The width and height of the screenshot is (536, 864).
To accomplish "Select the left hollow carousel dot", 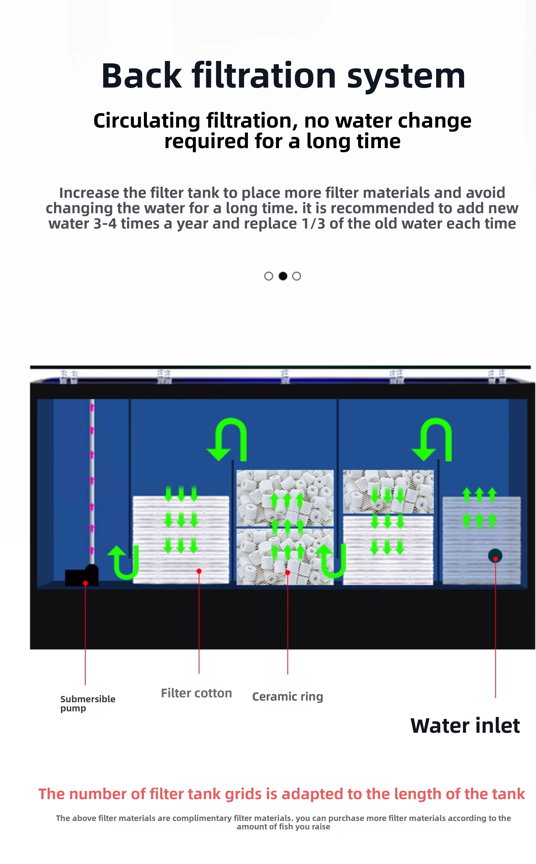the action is [x=269, y=276].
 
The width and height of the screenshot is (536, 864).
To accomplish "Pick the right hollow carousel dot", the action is [x=296, y=276].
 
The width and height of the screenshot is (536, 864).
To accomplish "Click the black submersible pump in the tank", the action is [x=82, y=575].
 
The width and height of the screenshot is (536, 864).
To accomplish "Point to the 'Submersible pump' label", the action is [x=88, y=704].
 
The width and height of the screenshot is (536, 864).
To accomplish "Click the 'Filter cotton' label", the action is [x=196, y=693].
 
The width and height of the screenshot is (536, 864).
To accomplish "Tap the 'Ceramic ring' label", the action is [x=287, y=697].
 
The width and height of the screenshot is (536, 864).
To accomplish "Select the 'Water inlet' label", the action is [x=465, y=726].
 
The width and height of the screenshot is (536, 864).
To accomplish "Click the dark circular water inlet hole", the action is [x=495, y=555].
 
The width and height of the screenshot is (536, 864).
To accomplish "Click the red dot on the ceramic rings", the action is [x=287, y=573].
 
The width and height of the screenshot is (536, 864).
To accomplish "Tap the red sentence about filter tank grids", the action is [x=281, y=794].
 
